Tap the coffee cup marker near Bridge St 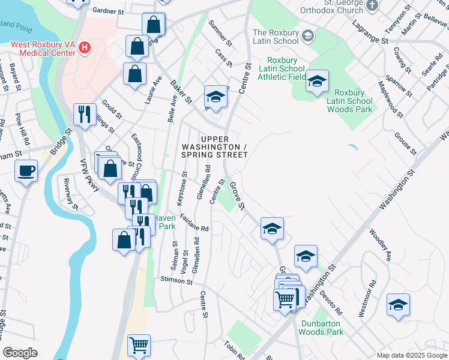[x=26, y=171]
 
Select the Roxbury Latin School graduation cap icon [x=308, y=35]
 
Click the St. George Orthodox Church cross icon [x=373, y=5]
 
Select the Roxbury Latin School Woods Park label [x=349, y=101]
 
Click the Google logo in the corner [x=20, y=353]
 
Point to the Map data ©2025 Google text [x=411, y=355]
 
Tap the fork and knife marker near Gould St [x=84, y=113]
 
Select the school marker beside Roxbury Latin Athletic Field [x=316, y=80]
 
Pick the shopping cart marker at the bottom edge [x=139, y=345]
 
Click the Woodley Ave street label [x=380, y=244]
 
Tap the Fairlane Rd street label [x=193, y=227]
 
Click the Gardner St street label [x=108, y=11]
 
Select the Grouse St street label [x=406, y=143]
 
